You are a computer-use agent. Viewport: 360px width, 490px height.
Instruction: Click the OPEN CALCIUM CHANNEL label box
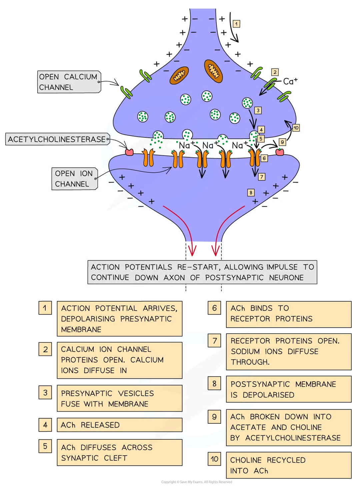[x=68, y=82]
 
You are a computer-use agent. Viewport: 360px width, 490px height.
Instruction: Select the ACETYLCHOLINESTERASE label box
[x=57, y=139]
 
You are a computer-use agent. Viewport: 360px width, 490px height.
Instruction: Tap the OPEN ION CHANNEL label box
[x=74, y=179]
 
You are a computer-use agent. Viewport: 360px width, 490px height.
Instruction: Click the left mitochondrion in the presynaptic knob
[x=179, y=75]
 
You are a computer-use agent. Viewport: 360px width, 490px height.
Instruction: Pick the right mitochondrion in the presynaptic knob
[x=213, y=71]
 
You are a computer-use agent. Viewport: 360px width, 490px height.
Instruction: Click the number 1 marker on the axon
[x=236, y=24]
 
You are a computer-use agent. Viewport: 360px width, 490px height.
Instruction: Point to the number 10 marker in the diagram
[x=296, y=128]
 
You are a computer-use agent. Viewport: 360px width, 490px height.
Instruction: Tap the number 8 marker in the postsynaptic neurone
[x=251, y=192]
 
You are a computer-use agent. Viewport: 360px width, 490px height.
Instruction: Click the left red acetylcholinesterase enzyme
[x=129, y=152]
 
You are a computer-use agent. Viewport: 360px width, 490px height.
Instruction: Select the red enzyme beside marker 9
[x=280, y=152]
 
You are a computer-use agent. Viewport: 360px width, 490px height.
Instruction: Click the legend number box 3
[x=45, y=393]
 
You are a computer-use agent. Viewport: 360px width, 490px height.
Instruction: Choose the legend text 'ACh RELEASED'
[x=90, y=425]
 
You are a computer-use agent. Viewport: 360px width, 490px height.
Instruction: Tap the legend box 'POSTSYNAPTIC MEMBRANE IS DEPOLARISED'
[x=288, y=389]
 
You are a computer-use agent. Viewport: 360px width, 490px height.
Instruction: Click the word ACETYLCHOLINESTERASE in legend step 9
[x=293, y=438]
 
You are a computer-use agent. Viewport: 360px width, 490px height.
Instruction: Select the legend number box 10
[x=214, y=459]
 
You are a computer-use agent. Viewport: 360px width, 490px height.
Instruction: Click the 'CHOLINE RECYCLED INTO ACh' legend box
[x=288, y=465]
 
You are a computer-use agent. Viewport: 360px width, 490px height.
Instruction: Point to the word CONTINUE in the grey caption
[x=110, y=278]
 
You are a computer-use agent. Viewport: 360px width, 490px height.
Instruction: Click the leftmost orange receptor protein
[x=149, y=158]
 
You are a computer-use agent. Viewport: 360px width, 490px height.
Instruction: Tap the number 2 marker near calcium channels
[x=274, y=72]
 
